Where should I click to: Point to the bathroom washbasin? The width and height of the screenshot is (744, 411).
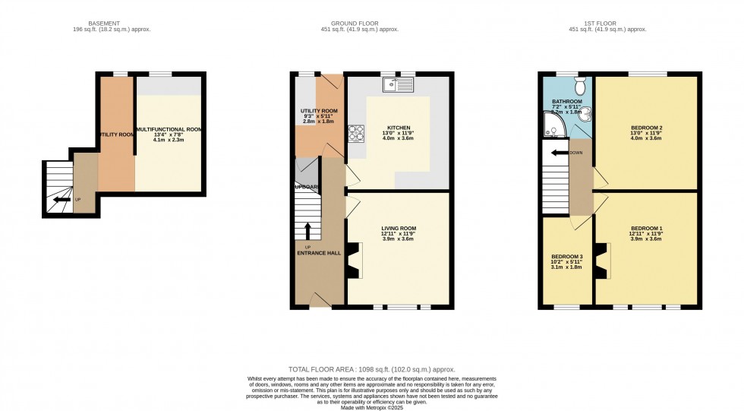586,115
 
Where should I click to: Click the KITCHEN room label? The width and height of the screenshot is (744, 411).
399,128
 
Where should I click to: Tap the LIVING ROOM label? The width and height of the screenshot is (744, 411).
399,229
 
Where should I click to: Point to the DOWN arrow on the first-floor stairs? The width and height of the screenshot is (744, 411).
562,153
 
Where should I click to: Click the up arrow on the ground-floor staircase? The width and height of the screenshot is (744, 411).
307,231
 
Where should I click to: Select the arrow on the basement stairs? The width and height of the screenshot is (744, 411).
58,200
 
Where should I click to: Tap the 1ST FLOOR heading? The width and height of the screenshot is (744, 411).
607,23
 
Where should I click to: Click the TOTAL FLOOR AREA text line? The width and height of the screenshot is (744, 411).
371,368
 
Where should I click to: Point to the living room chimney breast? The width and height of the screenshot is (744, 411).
354,264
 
